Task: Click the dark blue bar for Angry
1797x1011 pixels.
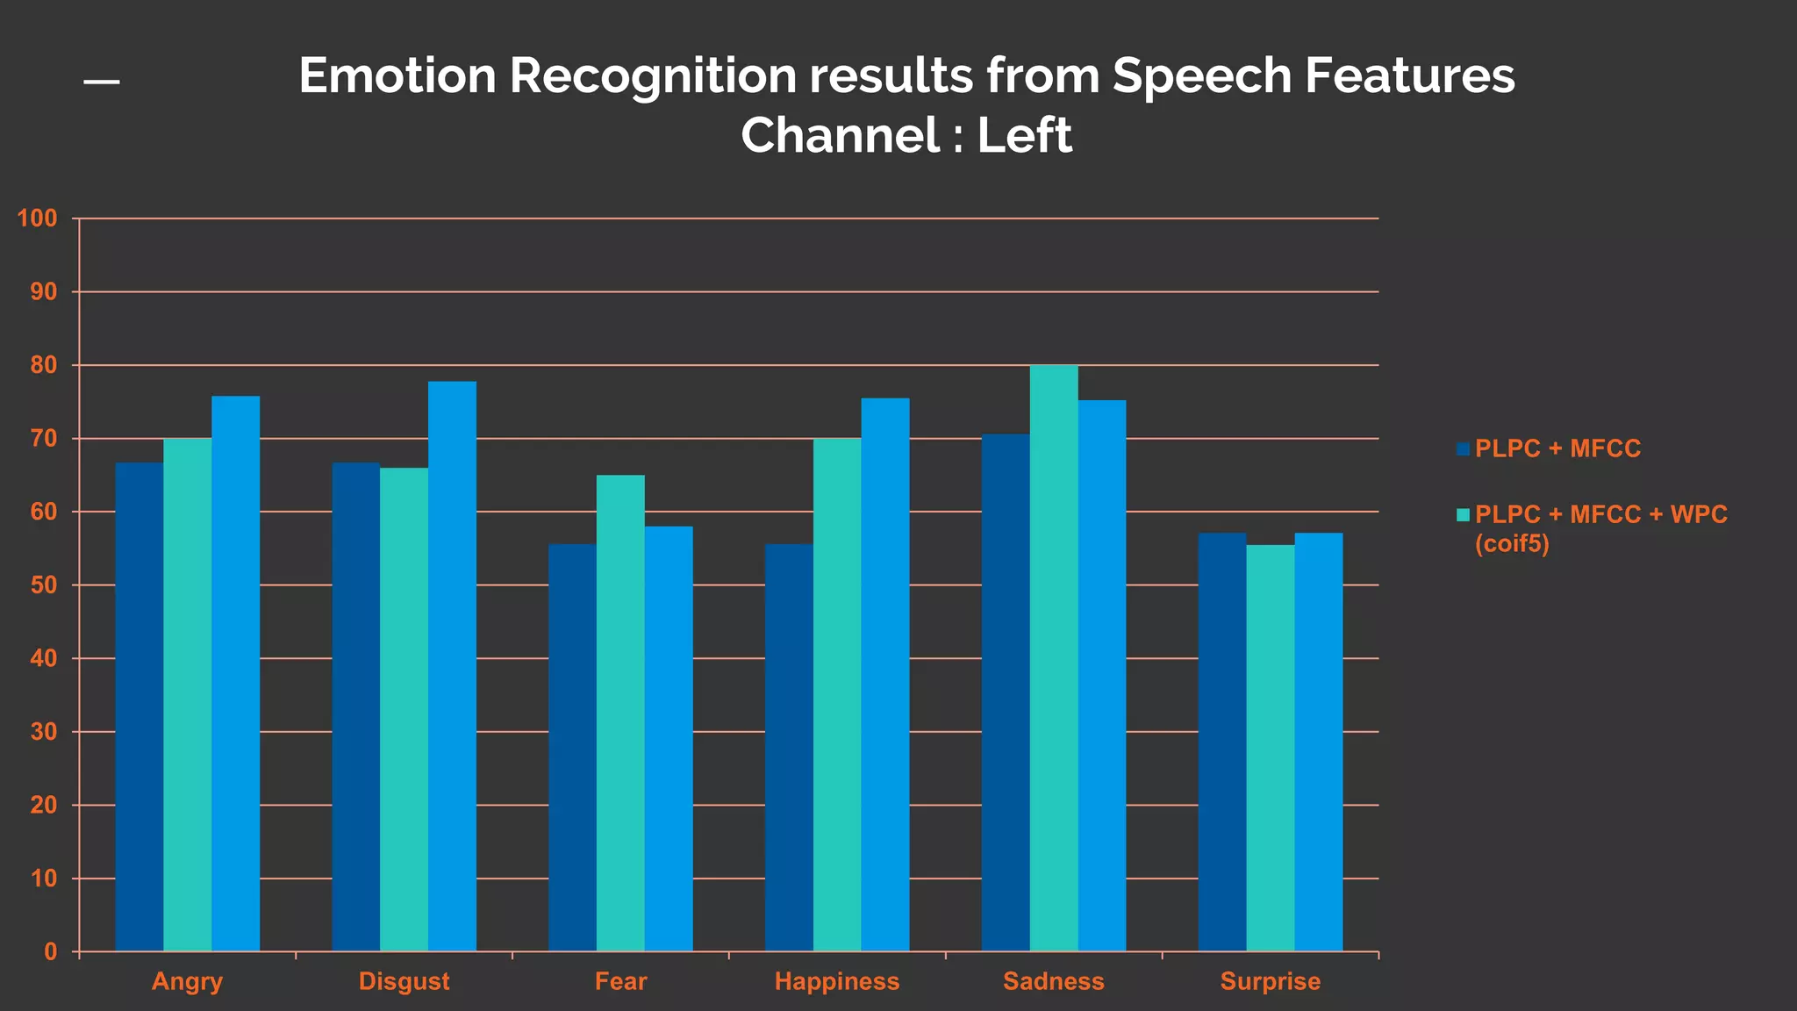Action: coord(140,706)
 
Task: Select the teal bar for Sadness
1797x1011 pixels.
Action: coord(1054,658)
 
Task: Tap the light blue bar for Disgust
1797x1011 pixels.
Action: coord(452,667)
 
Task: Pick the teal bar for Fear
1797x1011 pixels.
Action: coord(620,713)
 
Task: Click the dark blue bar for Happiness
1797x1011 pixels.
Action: coord(789,748)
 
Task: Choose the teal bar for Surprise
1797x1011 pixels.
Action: coord(1270,748)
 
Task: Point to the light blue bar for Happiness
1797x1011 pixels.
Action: coord(885,674)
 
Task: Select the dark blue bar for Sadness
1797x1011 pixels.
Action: coord(1006,693)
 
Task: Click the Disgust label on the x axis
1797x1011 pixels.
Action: coord(404,981)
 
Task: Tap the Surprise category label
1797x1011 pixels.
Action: coord(1270,981)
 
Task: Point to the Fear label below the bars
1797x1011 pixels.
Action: coord(620,981)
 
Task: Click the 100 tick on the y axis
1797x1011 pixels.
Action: coord(38,219)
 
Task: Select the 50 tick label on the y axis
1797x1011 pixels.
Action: coord(44,585)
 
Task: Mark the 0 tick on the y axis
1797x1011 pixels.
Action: coord(51,952)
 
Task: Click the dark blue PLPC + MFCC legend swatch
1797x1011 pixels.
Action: coord(1463,449)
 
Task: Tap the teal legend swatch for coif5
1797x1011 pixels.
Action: coord(1463,515)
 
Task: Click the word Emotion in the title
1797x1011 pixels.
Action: coord(397,75)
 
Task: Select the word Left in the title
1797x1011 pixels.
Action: coord(1024,136)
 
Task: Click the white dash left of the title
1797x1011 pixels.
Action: coord(102,82)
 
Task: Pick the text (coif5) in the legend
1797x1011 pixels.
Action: coord(1512,544)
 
